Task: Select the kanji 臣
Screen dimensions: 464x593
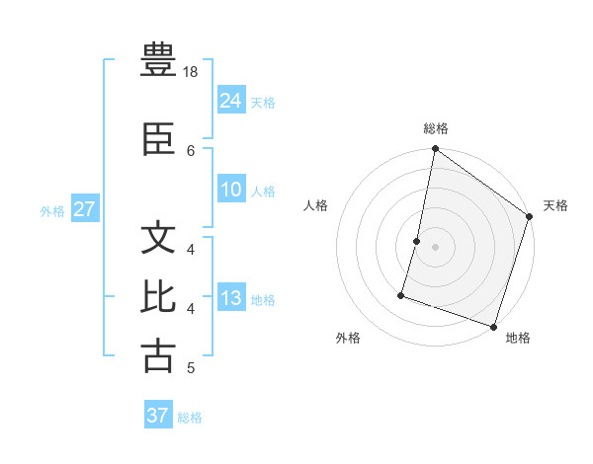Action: (158, 141)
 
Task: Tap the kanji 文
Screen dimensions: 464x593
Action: (158, 240)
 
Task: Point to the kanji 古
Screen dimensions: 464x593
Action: (158, 355)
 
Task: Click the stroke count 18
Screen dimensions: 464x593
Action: (191, 72)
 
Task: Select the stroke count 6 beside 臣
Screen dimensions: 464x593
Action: (191, 150)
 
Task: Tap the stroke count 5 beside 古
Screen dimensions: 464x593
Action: (191, 368)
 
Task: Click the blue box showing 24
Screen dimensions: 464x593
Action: (231, 101)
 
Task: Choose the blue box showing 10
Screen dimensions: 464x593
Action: (231, 190)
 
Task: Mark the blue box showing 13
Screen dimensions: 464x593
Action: (231, 298)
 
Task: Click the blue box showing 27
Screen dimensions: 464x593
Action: (85, 209)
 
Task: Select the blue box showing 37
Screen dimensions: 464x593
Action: (158, 416)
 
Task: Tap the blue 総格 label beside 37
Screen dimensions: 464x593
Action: (190, 418)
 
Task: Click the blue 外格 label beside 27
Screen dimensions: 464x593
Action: (52, 210)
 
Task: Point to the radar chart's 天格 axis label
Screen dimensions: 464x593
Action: (555, 205)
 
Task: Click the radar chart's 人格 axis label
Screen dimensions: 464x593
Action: (316, 205)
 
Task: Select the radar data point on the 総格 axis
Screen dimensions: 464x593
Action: (434, 150)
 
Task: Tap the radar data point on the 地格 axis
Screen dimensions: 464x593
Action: (493, 326)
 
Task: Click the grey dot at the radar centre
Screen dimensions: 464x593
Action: (435, 246)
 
